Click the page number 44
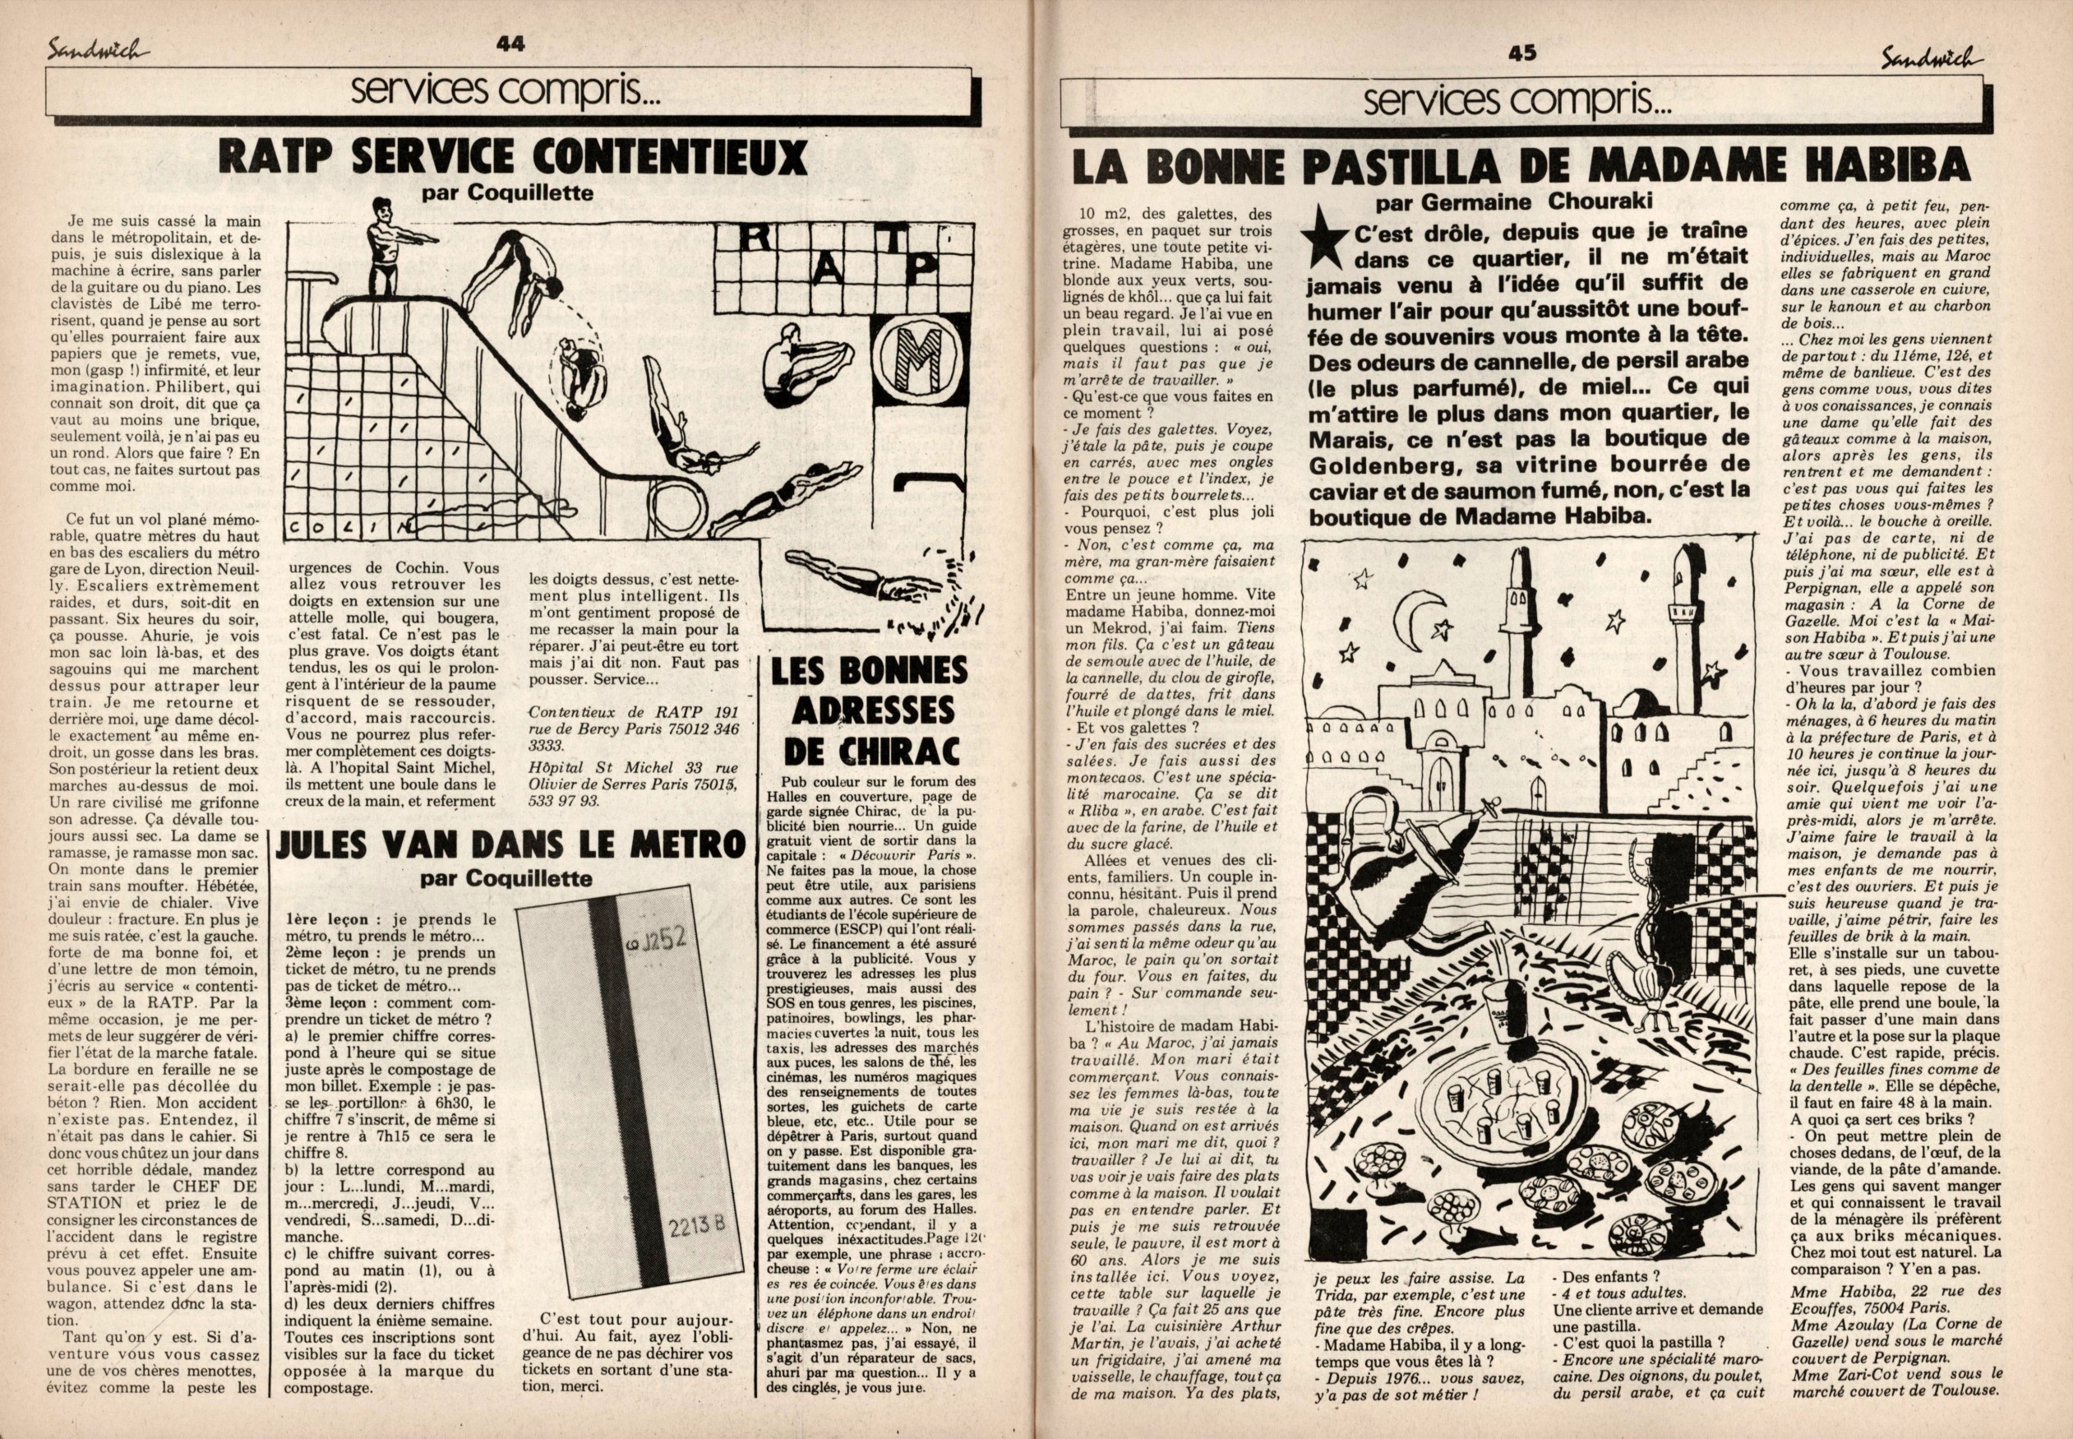point(510,44)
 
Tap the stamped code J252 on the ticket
point(657,941)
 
